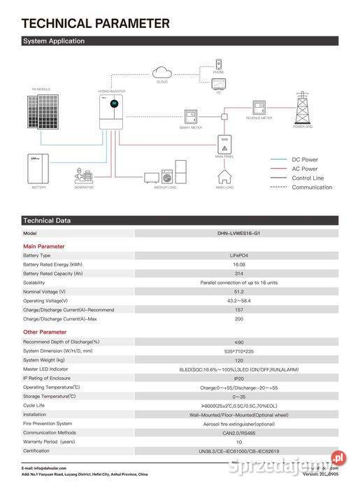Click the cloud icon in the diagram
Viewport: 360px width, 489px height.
click(x=162, y=71)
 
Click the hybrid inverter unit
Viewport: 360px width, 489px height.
click(x=108, y=113)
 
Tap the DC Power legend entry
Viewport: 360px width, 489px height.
click(x=304, y=160)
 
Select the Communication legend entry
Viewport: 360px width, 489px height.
click(x=312, y=187)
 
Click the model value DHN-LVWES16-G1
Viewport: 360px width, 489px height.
click(x=240, y=234)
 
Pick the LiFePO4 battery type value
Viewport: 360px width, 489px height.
click(x=239, y=255)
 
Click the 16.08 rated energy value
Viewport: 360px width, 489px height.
click(x=239, y=264)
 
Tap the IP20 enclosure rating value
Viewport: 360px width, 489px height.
click(x=239, y=378)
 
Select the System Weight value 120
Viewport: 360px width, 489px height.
click(x=239, y=360)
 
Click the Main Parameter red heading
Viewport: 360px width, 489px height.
click(x=43, y=246)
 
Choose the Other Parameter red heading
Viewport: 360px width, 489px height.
click(x=45, y=332)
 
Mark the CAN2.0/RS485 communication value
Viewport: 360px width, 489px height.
click(x=239, y=432)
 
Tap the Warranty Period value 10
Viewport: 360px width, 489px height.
click(x=239, y=441)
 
